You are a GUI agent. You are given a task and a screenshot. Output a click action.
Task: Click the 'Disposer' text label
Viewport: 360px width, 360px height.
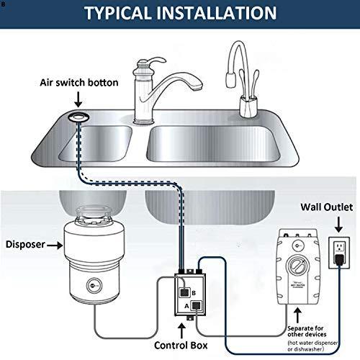click(x=24, y=245)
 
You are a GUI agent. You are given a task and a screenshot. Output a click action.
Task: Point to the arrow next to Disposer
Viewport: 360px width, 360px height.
click(x=54, y=245)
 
